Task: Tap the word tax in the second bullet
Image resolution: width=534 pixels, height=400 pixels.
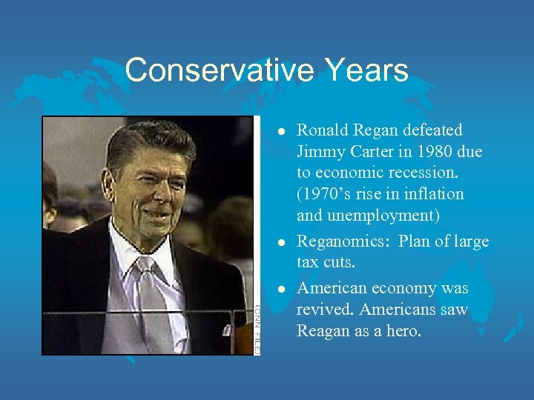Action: pos(308,262)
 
